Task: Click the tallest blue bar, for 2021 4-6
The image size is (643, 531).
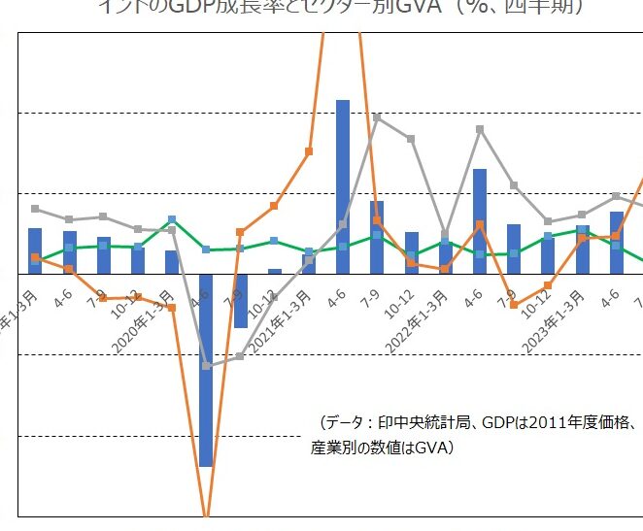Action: tap(342, 184)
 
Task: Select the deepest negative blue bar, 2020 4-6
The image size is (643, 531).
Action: tap(206, 369)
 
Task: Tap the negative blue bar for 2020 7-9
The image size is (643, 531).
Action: tap(240, 300)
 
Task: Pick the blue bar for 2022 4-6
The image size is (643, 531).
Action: tap(479, 220)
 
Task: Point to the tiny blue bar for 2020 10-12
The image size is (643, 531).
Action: tap(274, 271)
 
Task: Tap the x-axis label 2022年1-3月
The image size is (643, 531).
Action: tap(419, 313)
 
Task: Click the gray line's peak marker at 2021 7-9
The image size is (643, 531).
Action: tap(377, 117)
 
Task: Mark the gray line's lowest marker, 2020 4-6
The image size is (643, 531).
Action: tap(206, 366)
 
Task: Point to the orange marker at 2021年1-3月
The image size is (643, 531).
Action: tap(309, 151)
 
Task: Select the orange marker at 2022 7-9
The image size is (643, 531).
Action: tap(514, 305)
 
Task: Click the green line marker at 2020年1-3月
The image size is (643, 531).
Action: tap(172, 219)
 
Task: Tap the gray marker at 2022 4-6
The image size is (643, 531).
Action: tap(480, 128)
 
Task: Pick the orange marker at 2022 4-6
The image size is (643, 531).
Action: tap(480, 224)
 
